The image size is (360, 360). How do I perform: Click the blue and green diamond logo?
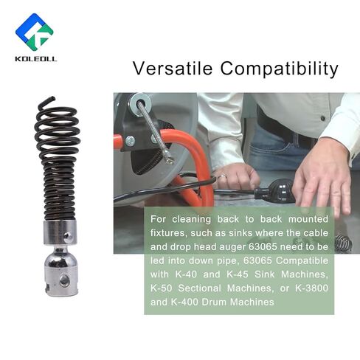(35, 32)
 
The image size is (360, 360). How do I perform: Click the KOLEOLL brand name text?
(36, 59)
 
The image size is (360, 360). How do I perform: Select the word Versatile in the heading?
(173, 69)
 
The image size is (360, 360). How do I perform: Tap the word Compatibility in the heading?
(279, 69)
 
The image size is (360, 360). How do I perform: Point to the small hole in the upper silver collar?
(67, 236)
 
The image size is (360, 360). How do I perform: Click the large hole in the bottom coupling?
(65, 280)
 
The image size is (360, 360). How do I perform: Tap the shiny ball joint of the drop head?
(60, 260)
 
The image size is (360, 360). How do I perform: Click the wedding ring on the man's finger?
(221, 176)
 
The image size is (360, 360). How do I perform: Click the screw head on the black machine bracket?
(130, 141)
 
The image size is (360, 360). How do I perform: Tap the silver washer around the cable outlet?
(142, 101)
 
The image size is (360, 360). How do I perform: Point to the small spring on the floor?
(344, 243)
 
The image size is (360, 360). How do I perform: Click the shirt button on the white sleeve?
(323, 119)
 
